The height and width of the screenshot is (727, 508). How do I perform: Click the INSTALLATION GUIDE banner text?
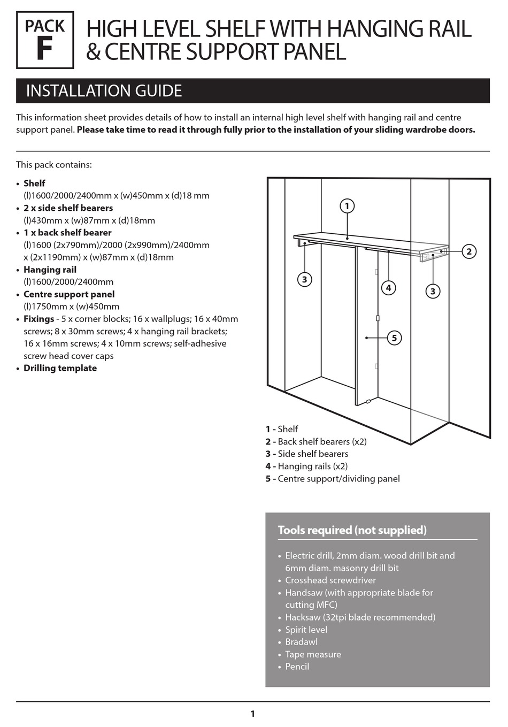104,91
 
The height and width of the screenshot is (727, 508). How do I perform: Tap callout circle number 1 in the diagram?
347,206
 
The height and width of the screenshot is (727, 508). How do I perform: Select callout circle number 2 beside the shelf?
468,251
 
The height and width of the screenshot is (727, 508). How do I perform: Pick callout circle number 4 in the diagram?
389,288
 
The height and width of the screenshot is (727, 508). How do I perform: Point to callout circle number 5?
394,338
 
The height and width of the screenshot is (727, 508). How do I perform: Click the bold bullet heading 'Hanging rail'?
50,270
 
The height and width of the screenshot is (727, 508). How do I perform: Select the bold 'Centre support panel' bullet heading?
68,294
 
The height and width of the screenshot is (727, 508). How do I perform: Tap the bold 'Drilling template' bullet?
60,368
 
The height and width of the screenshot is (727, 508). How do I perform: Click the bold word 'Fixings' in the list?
39,319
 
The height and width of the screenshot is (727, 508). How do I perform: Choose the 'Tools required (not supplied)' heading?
352,530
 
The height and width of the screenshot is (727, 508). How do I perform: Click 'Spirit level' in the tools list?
306,630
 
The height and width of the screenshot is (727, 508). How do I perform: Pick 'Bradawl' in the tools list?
301,642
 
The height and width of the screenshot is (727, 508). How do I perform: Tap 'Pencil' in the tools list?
297,667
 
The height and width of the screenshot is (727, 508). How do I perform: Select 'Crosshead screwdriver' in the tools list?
330,580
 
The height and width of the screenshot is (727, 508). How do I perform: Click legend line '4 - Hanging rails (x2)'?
306,466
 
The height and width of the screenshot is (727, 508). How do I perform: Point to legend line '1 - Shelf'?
282,429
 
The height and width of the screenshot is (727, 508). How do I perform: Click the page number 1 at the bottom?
252,714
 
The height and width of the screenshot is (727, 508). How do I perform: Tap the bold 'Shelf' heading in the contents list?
34,183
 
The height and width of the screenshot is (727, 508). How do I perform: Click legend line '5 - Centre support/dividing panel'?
333,479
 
